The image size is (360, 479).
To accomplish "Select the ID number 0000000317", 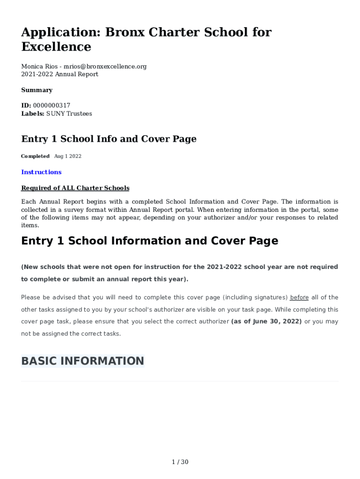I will [x=51, y=106].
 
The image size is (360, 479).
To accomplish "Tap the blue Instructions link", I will [x=41, y=172].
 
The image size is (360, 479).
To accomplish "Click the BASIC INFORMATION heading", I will [x=82, y=361].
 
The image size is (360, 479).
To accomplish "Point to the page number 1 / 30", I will [x=180, y=462].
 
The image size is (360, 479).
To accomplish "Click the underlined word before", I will [x=299, y=298].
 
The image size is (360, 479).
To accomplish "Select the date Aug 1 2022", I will [x=68, y=156].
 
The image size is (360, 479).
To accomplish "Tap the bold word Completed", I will [x=35, y=156].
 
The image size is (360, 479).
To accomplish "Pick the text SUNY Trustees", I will [x=69, y=114].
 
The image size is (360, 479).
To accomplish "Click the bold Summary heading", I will [x=37, y=90].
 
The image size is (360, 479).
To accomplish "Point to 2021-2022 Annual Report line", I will [x=60, y=74].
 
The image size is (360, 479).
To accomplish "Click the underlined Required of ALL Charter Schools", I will [x=75, y=188].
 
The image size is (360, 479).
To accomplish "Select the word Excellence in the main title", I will [x=56, y=47].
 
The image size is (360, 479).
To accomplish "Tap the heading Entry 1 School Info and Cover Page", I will [x=109, y=139].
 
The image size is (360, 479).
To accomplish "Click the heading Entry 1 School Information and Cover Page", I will [x=150, y=241].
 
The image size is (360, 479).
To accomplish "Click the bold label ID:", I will [x=26, y=106].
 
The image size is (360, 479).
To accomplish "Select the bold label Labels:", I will [x=33, y=114].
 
